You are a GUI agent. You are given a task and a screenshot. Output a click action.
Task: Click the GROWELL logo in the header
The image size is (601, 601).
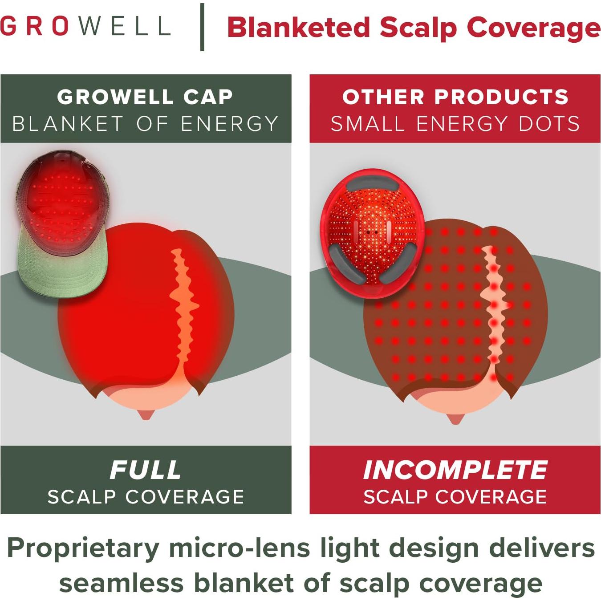85,26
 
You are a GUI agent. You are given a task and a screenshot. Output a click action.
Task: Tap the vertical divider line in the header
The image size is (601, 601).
203,27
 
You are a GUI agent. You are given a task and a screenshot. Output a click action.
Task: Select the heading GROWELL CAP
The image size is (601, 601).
145,97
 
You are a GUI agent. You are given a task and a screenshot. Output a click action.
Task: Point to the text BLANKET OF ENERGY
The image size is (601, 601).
145,124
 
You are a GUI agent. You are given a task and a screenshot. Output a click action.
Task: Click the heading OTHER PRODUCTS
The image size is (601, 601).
455,97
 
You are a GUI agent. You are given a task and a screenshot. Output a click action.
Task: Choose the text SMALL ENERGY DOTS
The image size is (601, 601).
455,124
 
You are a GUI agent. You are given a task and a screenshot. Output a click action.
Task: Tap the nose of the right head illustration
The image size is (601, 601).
455,418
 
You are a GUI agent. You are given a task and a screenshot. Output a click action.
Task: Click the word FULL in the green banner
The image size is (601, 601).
146,470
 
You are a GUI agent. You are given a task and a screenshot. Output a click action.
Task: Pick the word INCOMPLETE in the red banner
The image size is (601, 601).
455,470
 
